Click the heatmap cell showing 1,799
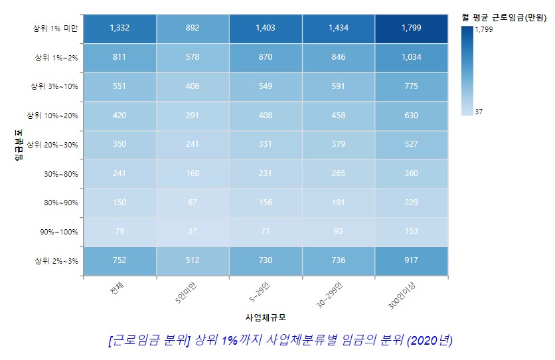[412, 28]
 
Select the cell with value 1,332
[120, 28]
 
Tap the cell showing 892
[193, 28]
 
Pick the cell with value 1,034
[412, 57]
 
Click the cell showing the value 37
[193, 231]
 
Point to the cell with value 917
[412, 260]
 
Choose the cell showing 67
[193, 202]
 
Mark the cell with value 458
[339, 115]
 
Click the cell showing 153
[412, 231]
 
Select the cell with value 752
[120, 260]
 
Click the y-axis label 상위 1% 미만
[55, 29]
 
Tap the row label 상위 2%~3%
[56, 260]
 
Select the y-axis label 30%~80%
[62, 173]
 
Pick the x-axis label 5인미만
[185, 293]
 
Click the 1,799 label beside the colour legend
[484, 30]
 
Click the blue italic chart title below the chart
[279, 340]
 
